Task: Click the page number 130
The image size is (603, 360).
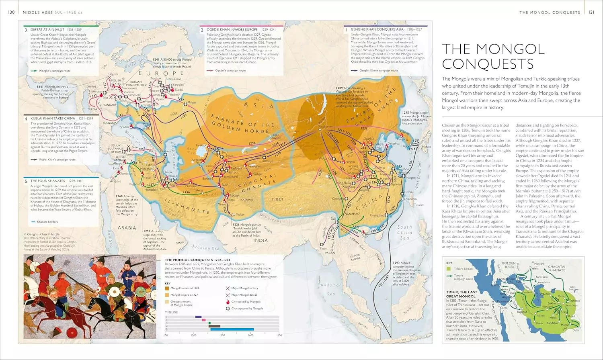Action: pos(11,12)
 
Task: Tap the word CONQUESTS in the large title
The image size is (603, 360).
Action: pos(488,64)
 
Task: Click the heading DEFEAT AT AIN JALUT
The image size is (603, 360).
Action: pos(47,30)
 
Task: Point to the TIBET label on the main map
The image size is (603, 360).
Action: pos(277,199)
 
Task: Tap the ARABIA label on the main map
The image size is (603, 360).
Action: pos(127,228)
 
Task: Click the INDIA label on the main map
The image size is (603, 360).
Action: pos(260,240)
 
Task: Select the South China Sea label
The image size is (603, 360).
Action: pos(404,232)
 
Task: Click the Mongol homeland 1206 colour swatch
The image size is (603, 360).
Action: pos(167,288)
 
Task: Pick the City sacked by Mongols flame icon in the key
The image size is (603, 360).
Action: pos(228,301)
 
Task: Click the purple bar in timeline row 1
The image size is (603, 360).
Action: pos(198,317)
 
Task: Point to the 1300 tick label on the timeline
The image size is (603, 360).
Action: pos(222,335)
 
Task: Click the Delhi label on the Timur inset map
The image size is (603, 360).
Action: pos(576,330)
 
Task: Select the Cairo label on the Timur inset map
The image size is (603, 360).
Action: pos(503,308)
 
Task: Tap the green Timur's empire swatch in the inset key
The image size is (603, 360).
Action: pos(449,269)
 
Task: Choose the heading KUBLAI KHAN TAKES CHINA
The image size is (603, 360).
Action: pos(53,119)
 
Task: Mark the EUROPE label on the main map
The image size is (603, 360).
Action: pos(155,74)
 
